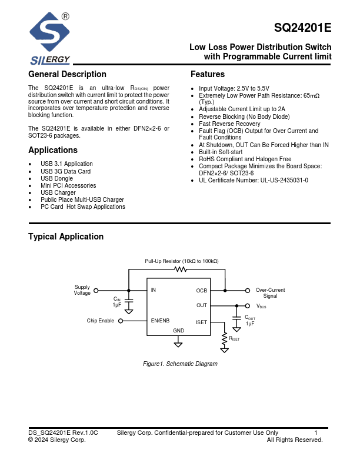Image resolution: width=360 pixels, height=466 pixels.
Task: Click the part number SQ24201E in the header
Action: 302,28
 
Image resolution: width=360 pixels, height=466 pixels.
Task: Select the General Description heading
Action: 68,74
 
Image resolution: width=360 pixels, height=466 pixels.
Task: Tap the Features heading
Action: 208,74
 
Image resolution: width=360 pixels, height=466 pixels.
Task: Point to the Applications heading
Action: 53,150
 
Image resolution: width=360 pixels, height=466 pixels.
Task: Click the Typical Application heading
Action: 66,237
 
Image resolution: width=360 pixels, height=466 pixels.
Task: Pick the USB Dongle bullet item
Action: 57,178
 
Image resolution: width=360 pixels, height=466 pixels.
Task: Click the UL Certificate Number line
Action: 254,180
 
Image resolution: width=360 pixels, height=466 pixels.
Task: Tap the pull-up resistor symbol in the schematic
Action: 181,269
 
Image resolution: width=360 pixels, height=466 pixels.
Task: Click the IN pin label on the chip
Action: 154,290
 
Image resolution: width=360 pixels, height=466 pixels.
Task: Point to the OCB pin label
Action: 201,291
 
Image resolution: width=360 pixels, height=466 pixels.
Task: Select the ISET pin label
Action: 201,321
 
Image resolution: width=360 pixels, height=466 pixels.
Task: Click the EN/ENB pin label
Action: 160,321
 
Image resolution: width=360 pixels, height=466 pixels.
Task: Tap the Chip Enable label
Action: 101,321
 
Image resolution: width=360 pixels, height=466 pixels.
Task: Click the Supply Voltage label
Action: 82,290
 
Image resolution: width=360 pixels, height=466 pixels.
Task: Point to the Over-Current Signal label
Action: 270,293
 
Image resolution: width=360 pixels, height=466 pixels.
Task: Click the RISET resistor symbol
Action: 224,339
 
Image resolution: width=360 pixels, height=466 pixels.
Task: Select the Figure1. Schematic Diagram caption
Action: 180,364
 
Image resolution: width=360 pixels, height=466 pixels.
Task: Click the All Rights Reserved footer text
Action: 295,440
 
